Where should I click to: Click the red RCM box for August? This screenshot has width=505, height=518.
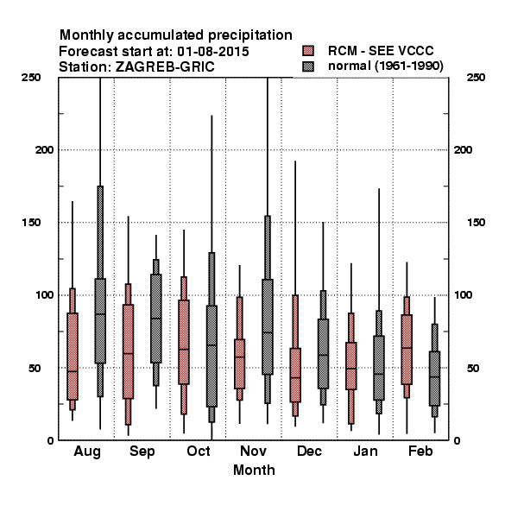tap(73, 357)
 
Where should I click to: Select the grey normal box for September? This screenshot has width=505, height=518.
tap(156, 319)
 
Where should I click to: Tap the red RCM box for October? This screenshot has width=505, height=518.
tap(184, 342)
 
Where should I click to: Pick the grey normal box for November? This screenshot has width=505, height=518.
tap(268, 326)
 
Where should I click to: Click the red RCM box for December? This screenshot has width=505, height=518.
tap(295, 375)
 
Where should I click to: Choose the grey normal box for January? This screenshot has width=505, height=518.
tap(379, 368)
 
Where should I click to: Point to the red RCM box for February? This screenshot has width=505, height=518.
tap(407, 350)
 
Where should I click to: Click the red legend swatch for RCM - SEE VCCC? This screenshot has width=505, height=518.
tap(308, 51)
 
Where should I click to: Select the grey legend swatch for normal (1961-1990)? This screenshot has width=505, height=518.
tap(308, 66)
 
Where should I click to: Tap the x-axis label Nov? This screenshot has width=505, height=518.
tap(253, 451)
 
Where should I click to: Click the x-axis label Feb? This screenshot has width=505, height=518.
tap(420, 451)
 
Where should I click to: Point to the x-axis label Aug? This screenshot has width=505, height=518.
tap(87, 452)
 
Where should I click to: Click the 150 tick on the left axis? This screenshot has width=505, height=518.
tap(31, 223)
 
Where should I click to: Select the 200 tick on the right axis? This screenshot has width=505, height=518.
tap(463, 150)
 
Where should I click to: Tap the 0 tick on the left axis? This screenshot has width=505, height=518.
tap(50, 440)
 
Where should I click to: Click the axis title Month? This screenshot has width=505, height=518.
tap(254, 470)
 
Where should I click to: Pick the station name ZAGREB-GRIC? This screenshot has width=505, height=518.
tap(165, 67)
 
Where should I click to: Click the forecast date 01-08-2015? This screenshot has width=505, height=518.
tap(213, 52)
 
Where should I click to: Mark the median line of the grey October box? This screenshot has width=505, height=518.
tap(211, 345)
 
